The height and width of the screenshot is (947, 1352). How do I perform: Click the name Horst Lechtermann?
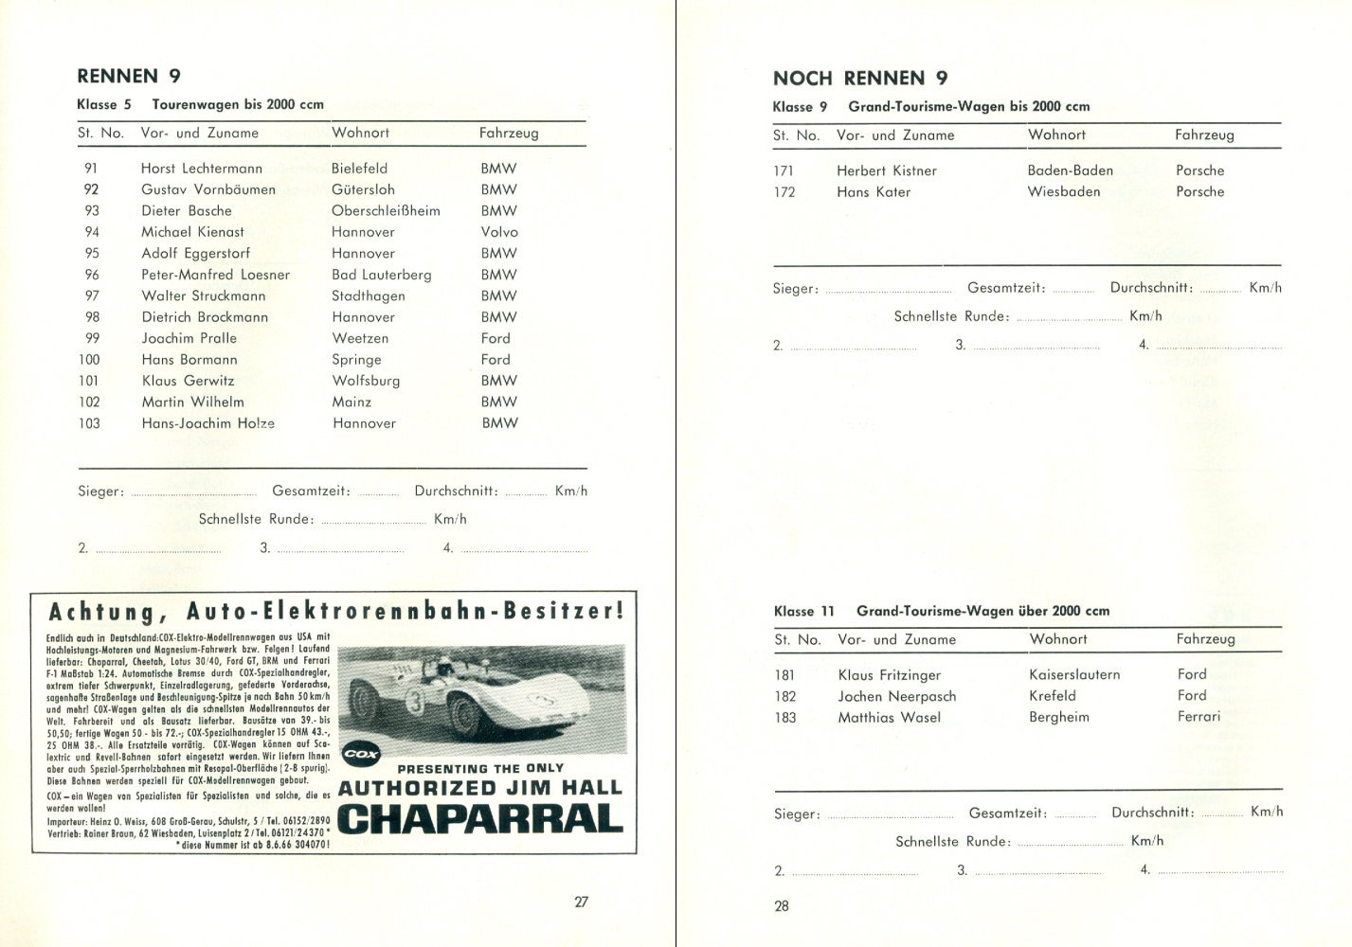point(201,169)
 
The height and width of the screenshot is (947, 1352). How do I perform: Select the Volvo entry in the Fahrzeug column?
point(499,232)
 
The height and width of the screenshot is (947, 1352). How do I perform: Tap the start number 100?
point(89,360)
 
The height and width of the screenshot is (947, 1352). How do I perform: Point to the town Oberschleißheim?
point(386,211)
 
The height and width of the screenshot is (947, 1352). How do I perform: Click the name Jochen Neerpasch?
point(896,696)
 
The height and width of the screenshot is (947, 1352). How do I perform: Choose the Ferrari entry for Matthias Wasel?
point(1199,717)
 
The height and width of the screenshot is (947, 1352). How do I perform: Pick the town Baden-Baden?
point(1070,170)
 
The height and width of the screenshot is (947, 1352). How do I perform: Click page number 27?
point(582,902)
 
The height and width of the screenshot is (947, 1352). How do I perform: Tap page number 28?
point(782,906)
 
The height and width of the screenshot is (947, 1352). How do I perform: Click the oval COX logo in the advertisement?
point(360,755)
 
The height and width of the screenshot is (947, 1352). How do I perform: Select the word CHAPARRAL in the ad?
point(480,817)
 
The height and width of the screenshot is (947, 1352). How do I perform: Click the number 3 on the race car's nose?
point(388,703)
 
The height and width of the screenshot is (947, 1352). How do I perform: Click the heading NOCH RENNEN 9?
point(859,78)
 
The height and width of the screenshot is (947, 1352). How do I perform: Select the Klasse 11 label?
point(803,612)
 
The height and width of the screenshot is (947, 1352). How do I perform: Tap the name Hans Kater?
point(873,192)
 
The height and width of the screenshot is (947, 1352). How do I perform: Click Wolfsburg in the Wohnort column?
point(366,381)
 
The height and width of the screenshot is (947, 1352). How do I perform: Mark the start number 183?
point(784,718)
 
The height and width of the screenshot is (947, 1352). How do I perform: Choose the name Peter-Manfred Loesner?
point(215,275)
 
